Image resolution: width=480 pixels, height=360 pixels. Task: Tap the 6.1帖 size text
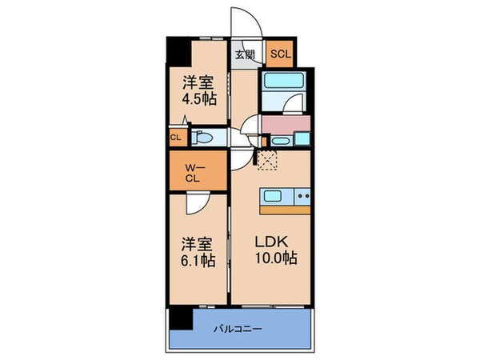pyautogui.click(x=197, y=262)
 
